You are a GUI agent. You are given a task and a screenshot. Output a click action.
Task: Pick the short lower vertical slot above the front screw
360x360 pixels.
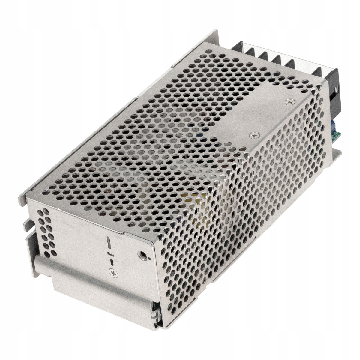pos(112,262)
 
